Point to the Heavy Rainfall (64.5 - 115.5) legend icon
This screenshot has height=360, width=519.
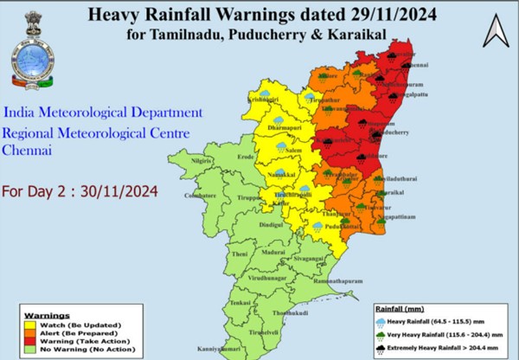(x=381, y=320)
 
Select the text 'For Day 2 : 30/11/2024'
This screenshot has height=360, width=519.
(x=80, y=191)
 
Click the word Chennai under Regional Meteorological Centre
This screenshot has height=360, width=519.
(x=27, y=150)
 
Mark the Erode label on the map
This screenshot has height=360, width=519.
(x=247, y=157)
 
